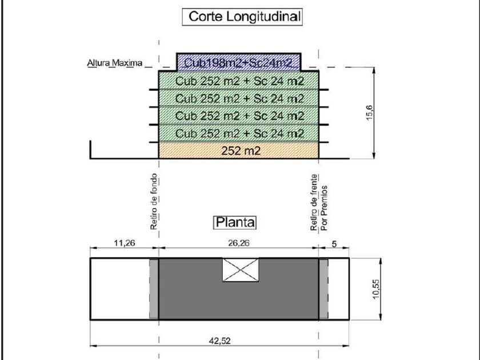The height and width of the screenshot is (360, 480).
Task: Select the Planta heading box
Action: pyautogui.click(x=235, y=222)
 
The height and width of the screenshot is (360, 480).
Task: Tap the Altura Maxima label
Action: pyautogui.click(x=111, y=63)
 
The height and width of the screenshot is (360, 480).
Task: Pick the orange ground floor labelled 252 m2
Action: pyautogui.click(x=239, y=150)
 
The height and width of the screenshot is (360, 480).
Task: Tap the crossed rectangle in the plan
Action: pyautogui.click(x=239, y=269)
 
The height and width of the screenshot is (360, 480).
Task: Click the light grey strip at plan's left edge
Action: pyautogui.click(x=153, y=289)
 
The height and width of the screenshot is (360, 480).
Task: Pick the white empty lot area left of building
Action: pyautogui.click(x=120, y=289)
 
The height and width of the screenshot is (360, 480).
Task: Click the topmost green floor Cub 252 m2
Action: pyautogui.click(x=239, y=80)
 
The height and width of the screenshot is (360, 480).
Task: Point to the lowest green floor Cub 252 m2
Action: pyautogui.click(x=239, y=133)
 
